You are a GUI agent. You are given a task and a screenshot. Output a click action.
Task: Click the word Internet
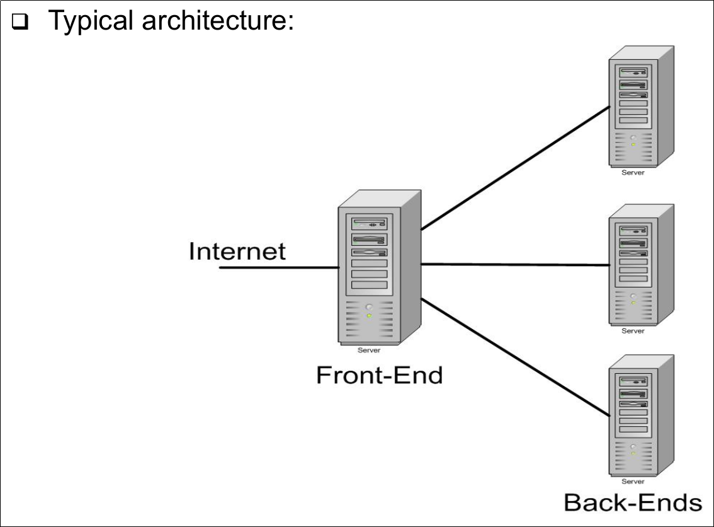(x=237, y=251)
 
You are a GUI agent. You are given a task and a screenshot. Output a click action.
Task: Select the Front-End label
(x=379, y=375)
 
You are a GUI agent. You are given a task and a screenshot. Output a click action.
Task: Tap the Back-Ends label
(x=632, y=502)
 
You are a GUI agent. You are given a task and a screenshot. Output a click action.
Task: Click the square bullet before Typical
(x=21, y=23)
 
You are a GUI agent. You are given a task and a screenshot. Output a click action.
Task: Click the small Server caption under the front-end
(x=369, y=350)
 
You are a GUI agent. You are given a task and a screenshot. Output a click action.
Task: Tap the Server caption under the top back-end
(x=633, y=173)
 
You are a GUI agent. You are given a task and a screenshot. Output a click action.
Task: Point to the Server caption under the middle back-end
(x=633, y=331)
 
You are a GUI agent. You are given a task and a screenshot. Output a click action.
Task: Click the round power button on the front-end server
(x=369, y=307)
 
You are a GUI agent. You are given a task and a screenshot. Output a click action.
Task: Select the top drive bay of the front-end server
(x=370, y=223)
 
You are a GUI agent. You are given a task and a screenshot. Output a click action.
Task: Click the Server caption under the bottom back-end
(x=633, y=482)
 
